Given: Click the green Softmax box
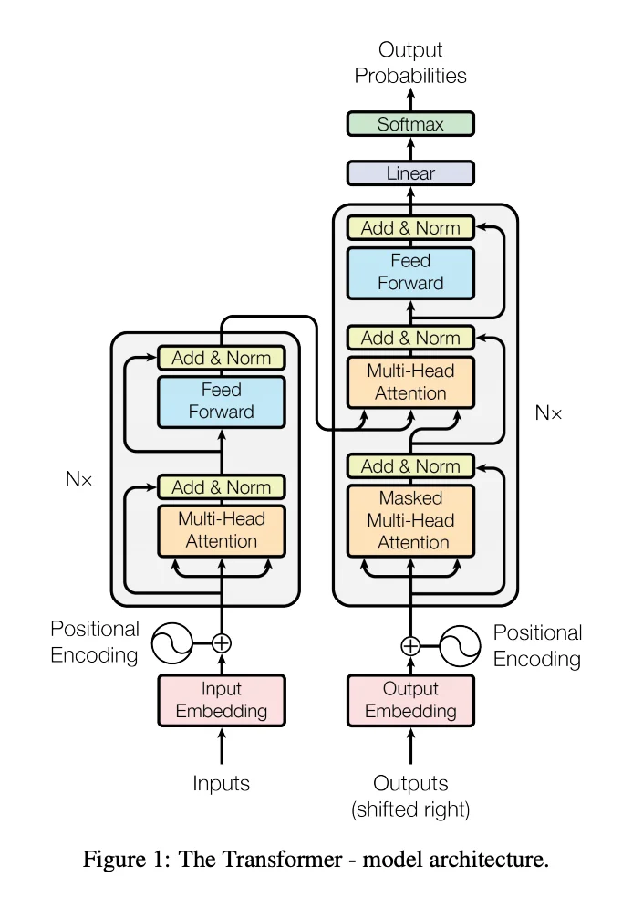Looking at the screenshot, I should [410, 124].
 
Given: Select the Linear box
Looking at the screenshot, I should [410, 173].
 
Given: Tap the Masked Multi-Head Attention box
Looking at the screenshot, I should [410, 520].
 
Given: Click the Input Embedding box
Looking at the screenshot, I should [222, 700].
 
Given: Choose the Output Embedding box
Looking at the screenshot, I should [410, 700].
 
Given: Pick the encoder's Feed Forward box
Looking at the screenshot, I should [222, 401].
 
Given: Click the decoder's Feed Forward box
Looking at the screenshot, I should [410, 272].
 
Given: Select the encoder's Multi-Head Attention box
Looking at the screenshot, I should [222, 529].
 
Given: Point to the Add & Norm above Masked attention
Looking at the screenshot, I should [410, 466].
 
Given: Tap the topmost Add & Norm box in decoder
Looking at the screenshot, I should [410, 228].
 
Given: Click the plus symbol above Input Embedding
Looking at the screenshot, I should [222, 642].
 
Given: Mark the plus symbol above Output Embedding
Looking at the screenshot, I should [410, 646].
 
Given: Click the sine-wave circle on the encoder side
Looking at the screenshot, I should [171, 642].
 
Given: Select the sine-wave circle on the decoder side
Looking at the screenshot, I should [461, 646].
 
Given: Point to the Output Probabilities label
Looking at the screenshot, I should [410, 63].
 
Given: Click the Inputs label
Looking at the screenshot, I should [222, 783].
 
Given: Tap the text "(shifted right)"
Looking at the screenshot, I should [410, 808].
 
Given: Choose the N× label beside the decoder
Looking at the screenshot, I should [549, 413].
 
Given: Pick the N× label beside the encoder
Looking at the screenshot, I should [79, 478].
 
